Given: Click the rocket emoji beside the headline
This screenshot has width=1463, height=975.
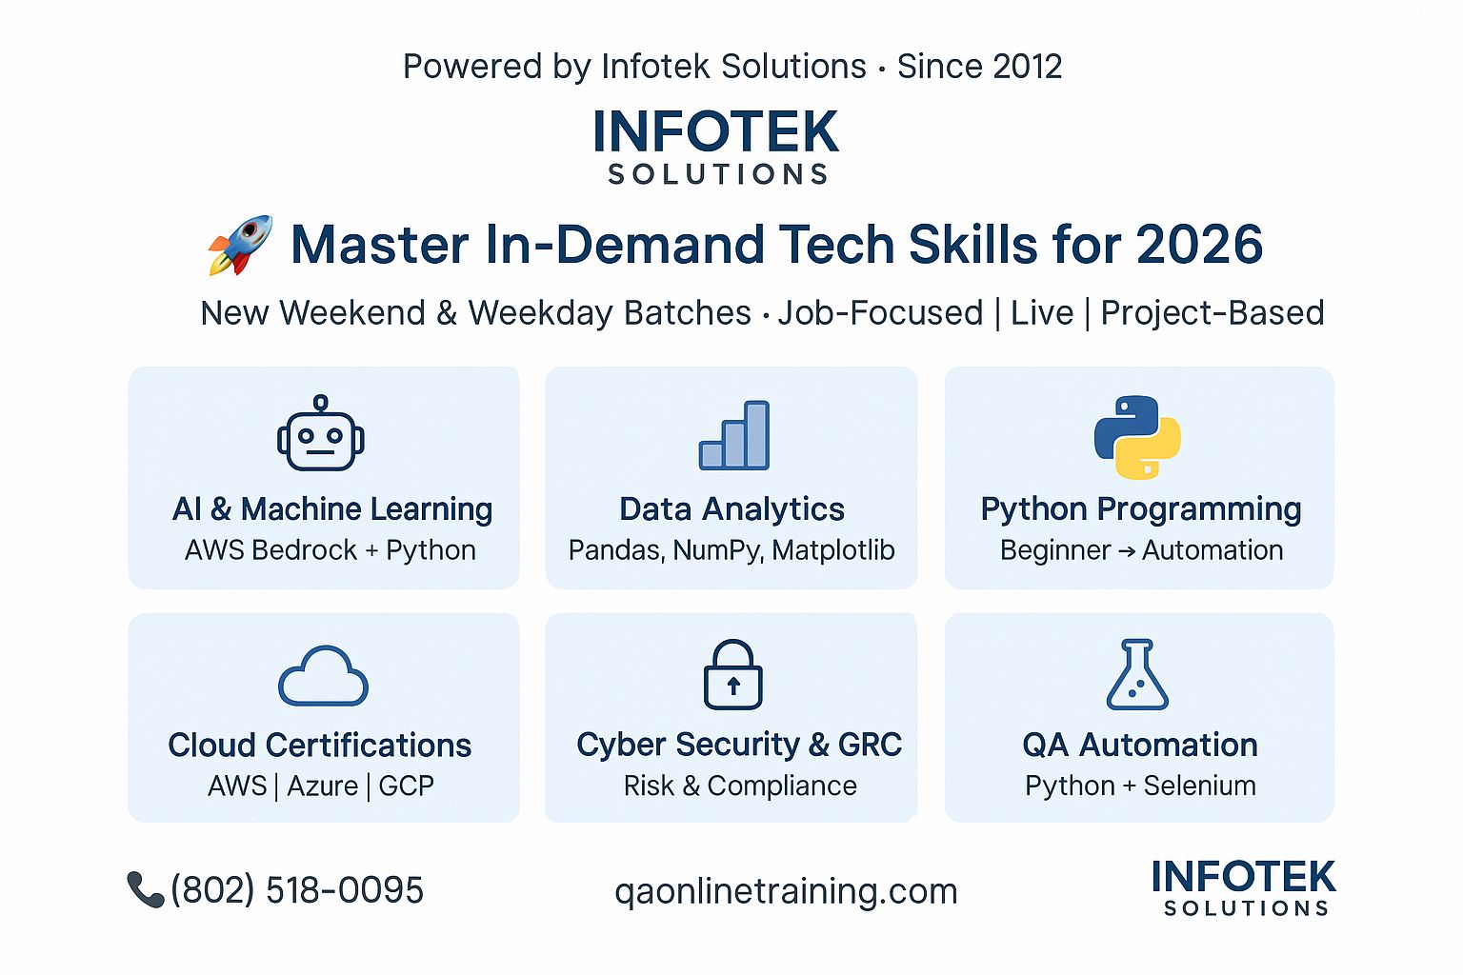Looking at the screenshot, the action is (x=240, y=245).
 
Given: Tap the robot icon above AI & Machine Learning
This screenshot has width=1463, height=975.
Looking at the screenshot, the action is (x=321, y=432).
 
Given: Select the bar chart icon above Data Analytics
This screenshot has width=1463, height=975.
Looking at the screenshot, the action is (x=734, y=435).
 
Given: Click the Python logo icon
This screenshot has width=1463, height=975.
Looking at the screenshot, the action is (x=1137, y=437).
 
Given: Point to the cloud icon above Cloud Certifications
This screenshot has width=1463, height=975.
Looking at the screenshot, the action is (x=323, y=676).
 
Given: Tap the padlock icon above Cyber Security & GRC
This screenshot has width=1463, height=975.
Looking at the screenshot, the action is (x=732, y=674).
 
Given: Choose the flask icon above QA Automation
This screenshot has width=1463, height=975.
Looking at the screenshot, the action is (x=1137, y=674).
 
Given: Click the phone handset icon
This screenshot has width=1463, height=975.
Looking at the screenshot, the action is (x=145, y=889).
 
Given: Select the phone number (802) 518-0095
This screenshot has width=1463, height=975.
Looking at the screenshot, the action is (x=297, y=889).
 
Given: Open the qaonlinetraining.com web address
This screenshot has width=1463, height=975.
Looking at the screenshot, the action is (x=786, y=891).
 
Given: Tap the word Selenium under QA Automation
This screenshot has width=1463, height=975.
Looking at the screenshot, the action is (x=1200, y=786).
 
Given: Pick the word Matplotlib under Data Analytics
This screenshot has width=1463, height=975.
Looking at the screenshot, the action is (x=832, y=550).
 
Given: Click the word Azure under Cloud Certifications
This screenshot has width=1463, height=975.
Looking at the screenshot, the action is (x=323, y=786).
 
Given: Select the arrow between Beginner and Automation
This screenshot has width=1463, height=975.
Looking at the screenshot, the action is (x=1127, y=551).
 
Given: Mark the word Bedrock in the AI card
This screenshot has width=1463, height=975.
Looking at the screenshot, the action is (x=305, y=550).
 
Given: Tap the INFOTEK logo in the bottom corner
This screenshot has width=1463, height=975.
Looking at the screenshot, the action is (x=1244, y=887).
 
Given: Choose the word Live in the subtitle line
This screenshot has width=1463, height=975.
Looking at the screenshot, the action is (x=1042, y=313).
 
